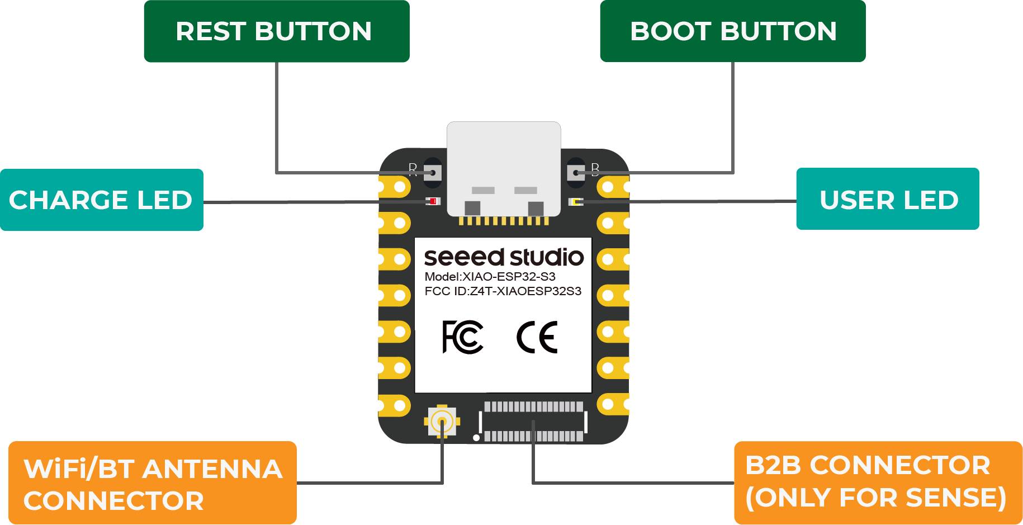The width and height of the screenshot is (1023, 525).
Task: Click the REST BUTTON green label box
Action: coord(277,31)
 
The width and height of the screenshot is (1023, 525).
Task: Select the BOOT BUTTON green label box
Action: coord(732,31)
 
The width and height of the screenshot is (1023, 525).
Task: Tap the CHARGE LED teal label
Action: coord(101,200)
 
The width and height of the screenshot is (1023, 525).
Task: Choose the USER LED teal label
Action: coord(888,200)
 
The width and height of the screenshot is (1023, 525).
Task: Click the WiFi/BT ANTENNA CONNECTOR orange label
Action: coord(152,484)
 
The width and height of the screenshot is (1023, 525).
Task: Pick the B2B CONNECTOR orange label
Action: coord(878,483)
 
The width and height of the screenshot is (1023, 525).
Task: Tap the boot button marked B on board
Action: coord(576,172)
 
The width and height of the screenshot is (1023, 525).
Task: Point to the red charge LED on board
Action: coord(433,201)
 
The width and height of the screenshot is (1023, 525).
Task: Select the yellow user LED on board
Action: coord(575,201)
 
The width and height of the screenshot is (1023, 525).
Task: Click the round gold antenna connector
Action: coord(442,421)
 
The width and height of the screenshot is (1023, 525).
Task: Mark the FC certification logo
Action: coord(462,337)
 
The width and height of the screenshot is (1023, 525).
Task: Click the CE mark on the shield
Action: coord(537,337)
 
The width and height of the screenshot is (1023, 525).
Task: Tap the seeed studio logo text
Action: coord(504,257)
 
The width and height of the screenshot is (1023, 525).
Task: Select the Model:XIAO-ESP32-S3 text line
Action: coord(490,277)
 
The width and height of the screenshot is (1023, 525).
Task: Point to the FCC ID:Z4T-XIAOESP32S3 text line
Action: coord(503,291)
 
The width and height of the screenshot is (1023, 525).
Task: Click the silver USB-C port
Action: coord(504,168)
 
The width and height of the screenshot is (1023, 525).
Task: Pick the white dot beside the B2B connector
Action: coord(476,438)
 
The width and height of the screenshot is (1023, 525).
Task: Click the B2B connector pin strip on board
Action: coord(533,422)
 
